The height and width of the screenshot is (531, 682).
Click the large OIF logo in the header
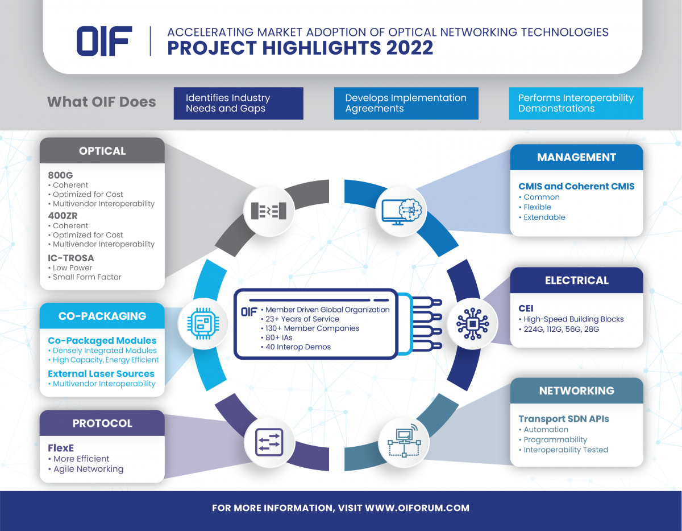point(104,41)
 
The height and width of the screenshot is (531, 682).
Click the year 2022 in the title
point(410,48)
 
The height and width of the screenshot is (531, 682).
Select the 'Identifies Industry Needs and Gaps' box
point(239,103)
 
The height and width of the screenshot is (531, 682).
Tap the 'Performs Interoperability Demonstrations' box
point(576,103)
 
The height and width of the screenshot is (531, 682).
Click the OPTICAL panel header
point(102,150)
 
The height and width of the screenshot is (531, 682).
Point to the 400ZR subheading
point(63,216)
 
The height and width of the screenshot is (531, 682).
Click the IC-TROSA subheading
point(71,258)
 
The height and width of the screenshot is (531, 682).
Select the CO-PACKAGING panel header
point(102,316)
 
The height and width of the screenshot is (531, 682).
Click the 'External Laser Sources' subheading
point(101,373)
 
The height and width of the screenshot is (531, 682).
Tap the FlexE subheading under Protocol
point(61,448)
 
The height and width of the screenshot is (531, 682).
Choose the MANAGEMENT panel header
point(576,157)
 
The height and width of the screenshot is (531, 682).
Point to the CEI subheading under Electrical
point(526,308)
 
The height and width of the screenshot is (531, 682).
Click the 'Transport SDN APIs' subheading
point(564,418)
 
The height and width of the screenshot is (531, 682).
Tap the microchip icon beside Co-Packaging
point(203,324)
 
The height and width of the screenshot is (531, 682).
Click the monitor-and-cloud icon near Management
point(402,212)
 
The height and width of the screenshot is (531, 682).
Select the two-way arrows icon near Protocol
point(269,442)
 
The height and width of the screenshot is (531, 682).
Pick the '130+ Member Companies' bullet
point(310,328)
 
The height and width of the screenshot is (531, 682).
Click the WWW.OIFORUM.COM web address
point(417,508)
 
